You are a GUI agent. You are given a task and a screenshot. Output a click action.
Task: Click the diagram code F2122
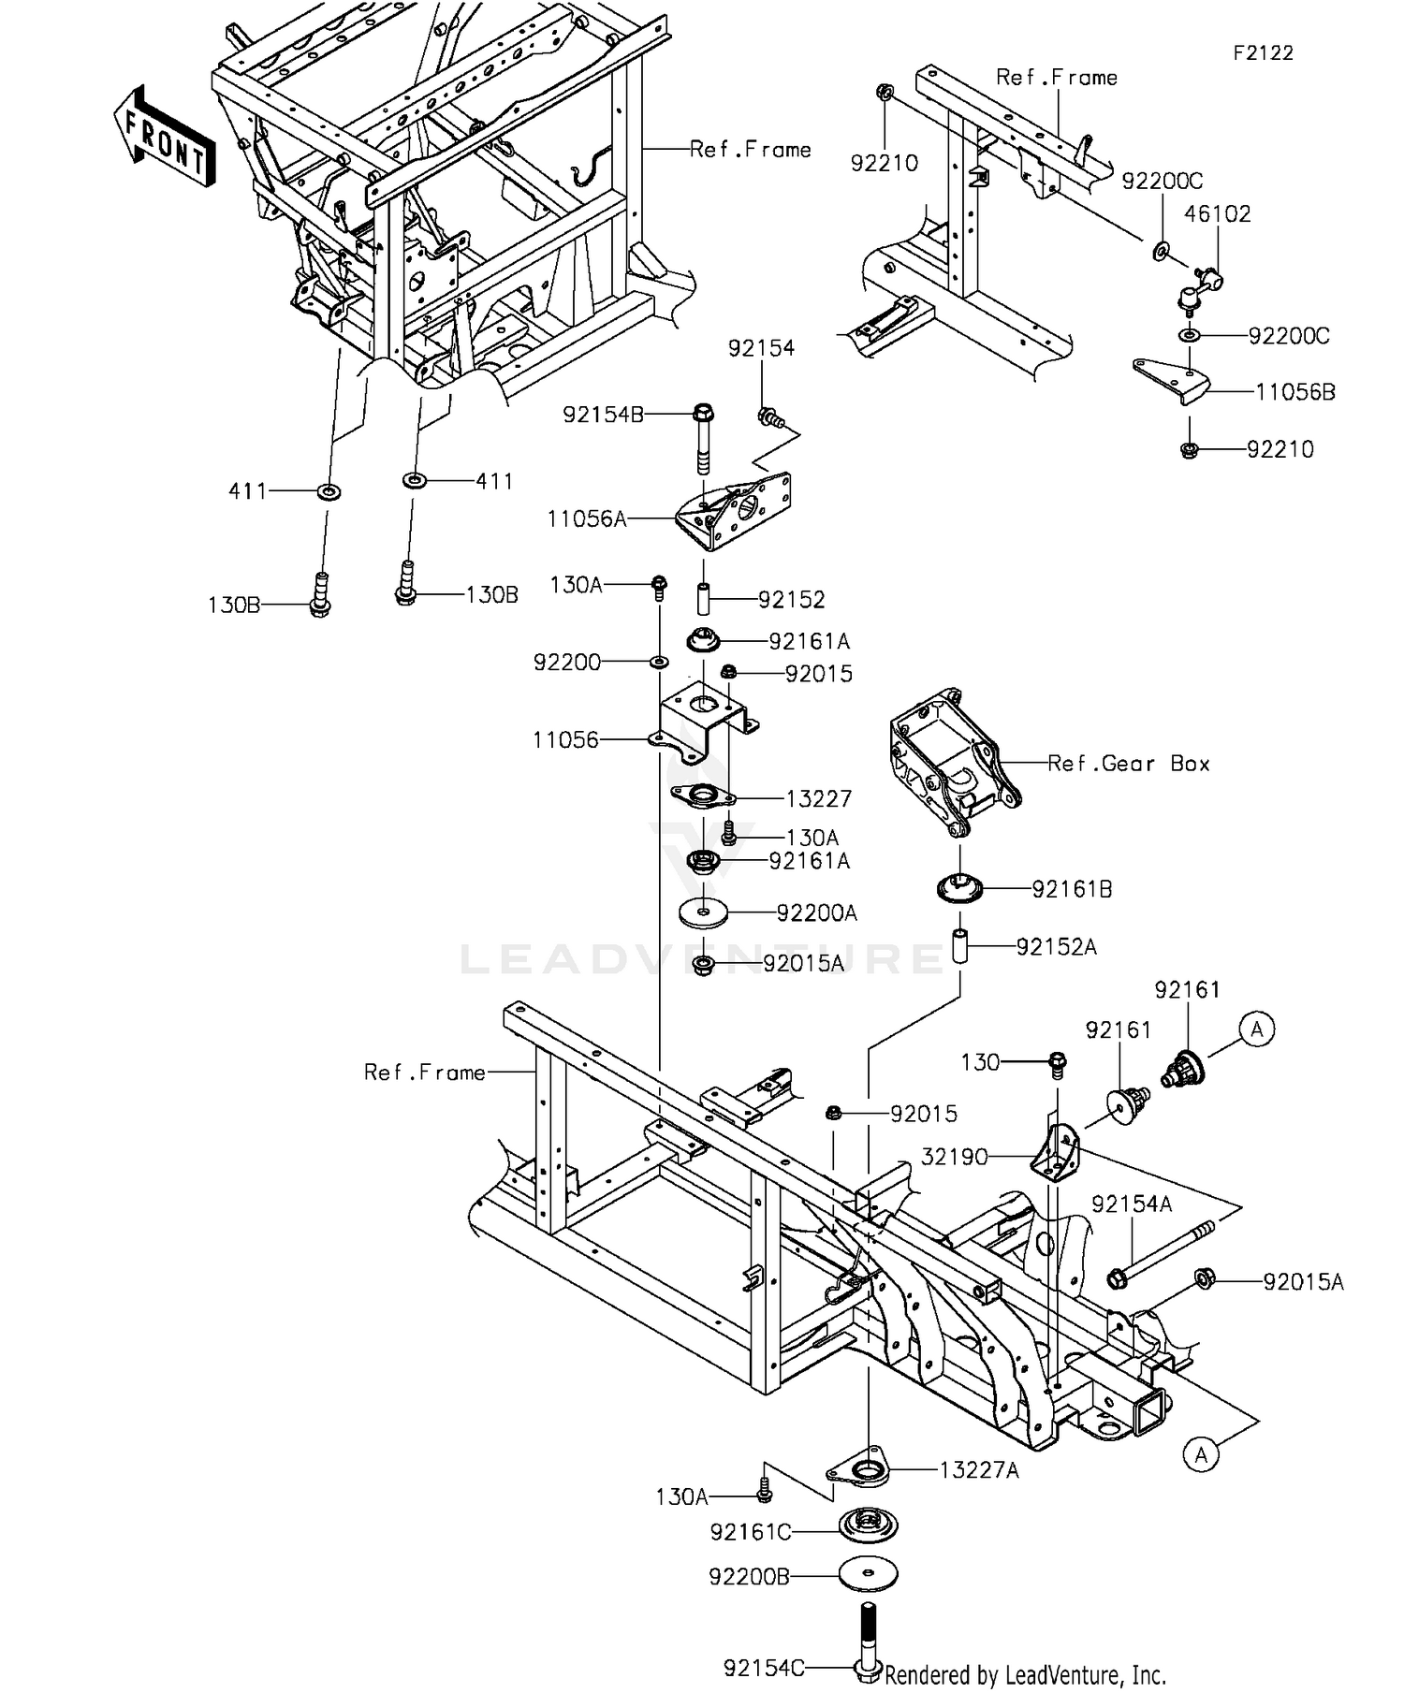tap(1263, 53)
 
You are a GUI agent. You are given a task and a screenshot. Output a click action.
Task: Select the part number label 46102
tap(1217, 213)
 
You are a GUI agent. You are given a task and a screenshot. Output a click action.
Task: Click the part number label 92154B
tap(603, 415)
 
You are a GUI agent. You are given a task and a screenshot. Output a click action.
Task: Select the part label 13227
tap(818, 799)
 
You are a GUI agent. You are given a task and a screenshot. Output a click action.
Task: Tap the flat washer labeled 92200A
tap(703, 912)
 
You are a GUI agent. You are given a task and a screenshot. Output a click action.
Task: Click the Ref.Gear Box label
tap(1129, 764)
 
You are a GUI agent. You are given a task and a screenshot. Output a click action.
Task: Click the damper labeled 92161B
tap(959, 887)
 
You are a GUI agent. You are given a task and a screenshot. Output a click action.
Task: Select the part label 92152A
tap(1056, 947)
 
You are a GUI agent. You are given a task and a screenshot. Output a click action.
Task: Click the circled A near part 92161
tap(1257, 1029)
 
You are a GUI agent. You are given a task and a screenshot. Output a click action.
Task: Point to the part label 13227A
tap(978, 1470)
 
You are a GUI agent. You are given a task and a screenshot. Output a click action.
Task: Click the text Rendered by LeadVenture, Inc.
tap(1025, 1674)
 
